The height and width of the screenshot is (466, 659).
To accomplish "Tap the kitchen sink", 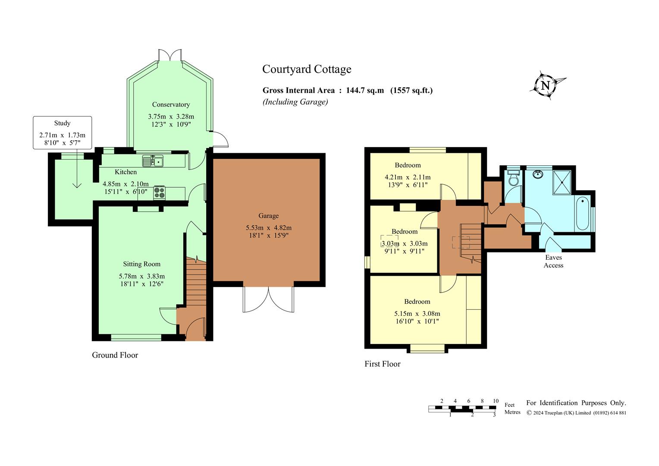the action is coord(153,161).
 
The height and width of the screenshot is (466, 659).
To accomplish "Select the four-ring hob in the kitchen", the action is coord(160,192).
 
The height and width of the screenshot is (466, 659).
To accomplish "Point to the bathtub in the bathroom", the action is coord(583,214).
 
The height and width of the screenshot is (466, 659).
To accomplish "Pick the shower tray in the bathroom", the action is coord(562,182).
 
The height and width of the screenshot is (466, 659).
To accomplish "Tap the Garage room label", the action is coord(269,216).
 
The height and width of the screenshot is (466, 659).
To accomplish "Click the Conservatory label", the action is coord(171,104).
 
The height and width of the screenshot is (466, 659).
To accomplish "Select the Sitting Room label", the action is coord(142,264).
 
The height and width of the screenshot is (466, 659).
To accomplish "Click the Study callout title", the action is coord(62,123).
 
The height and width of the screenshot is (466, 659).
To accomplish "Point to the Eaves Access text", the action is coord(553,261).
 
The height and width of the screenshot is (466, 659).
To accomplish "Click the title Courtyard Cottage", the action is coord(307,69).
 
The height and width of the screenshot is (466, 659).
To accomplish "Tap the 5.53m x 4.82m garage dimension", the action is coord(269,227).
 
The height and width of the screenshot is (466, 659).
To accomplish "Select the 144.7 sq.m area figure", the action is coord(365,90).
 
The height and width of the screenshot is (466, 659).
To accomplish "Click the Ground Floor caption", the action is coord(115,355).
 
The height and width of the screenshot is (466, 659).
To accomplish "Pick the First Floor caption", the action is coord(383,364).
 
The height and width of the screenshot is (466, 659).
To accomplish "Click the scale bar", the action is coord(462,409).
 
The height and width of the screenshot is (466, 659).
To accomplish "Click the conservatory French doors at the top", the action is coord(170,55).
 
